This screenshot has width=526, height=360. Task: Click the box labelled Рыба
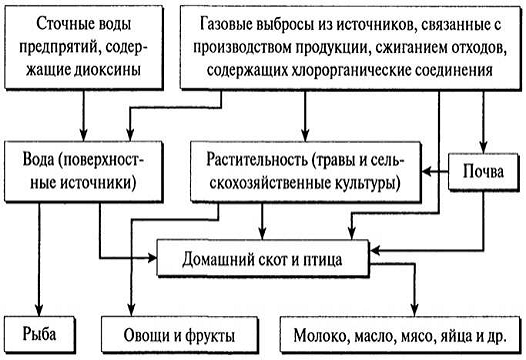click(40, 335)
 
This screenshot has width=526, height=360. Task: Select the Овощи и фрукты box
click(179, 335)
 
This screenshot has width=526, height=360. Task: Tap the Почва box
click(483, 172)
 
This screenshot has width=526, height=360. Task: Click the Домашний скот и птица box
click(263, 258)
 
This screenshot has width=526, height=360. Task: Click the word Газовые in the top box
click(227, 24)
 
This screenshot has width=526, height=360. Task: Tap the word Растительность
click(257, 160)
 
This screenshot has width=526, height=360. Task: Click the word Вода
click(38, 159)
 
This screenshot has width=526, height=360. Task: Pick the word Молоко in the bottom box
click(321, 336)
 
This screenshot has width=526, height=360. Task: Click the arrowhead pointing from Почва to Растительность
click(426, 172)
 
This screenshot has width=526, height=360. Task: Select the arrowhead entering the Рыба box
click(39, 311)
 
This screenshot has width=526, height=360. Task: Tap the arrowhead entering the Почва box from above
click(483, 148)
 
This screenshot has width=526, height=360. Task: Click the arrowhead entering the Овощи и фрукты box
click(132, 311)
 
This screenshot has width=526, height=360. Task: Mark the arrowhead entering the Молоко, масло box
click(415, 311)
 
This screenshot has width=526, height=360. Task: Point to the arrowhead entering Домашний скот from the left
click(152, 258)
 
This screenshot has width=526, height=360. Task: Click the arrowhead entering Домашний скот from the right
click(374, 250)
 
